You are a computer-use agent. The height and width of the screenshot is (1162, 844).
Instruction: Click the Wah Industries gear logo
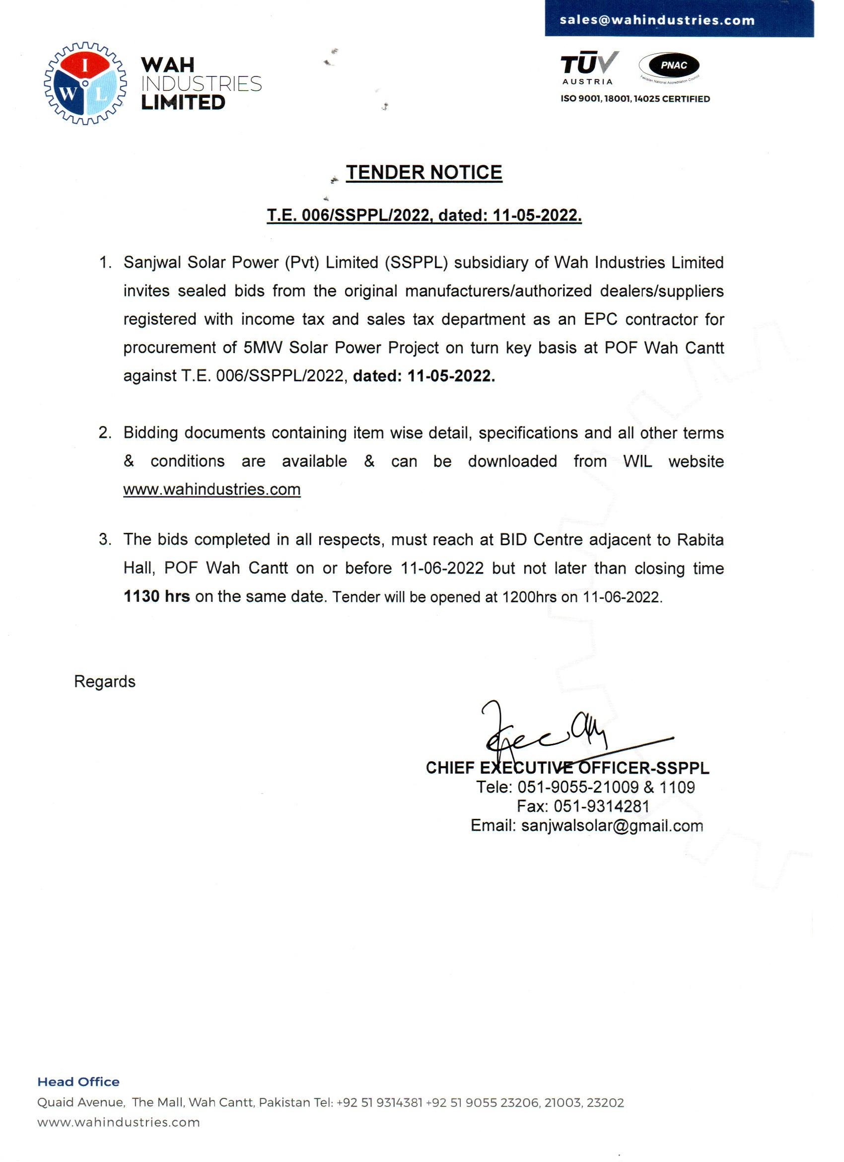point(85,84)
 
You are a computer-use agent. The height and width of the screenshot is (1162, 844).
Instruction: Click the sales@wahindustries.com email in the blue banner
point(657,20)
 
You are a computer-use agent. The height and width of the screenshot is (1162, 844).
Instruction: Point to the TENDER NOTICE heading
point(424,173)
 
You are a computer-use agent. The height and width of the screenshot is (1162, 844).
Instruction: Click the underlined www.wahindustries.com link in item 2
point(211,490)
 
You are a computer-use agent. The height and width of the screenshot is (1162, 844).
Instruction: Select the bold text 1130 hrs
point(157,597)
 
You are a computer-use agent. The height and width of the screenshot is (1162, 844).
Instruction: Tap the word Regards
point(104,682)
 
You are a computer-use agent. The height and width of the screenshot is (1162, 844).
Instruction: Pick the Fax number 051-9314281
point(601,806)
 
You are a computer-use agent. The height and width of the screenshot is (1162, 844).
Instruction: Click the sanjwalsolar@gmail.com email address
point(612,826)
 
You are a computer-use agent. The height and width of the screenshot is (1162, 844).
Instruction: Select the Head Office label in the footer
point(78,1082)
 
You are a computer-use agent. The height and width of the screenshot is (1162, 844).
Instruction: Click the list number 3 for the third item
point(104,540)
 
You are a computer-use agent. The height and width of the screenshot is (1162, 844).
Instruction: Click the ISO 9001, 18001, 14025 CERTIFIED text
point(635,99)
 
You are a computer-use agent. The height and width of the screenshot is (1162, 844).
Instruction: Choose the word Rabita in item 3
point(700,540)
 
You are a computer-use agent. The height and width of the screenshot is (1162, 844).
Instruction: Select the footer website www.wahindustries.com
point(118,1122)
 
